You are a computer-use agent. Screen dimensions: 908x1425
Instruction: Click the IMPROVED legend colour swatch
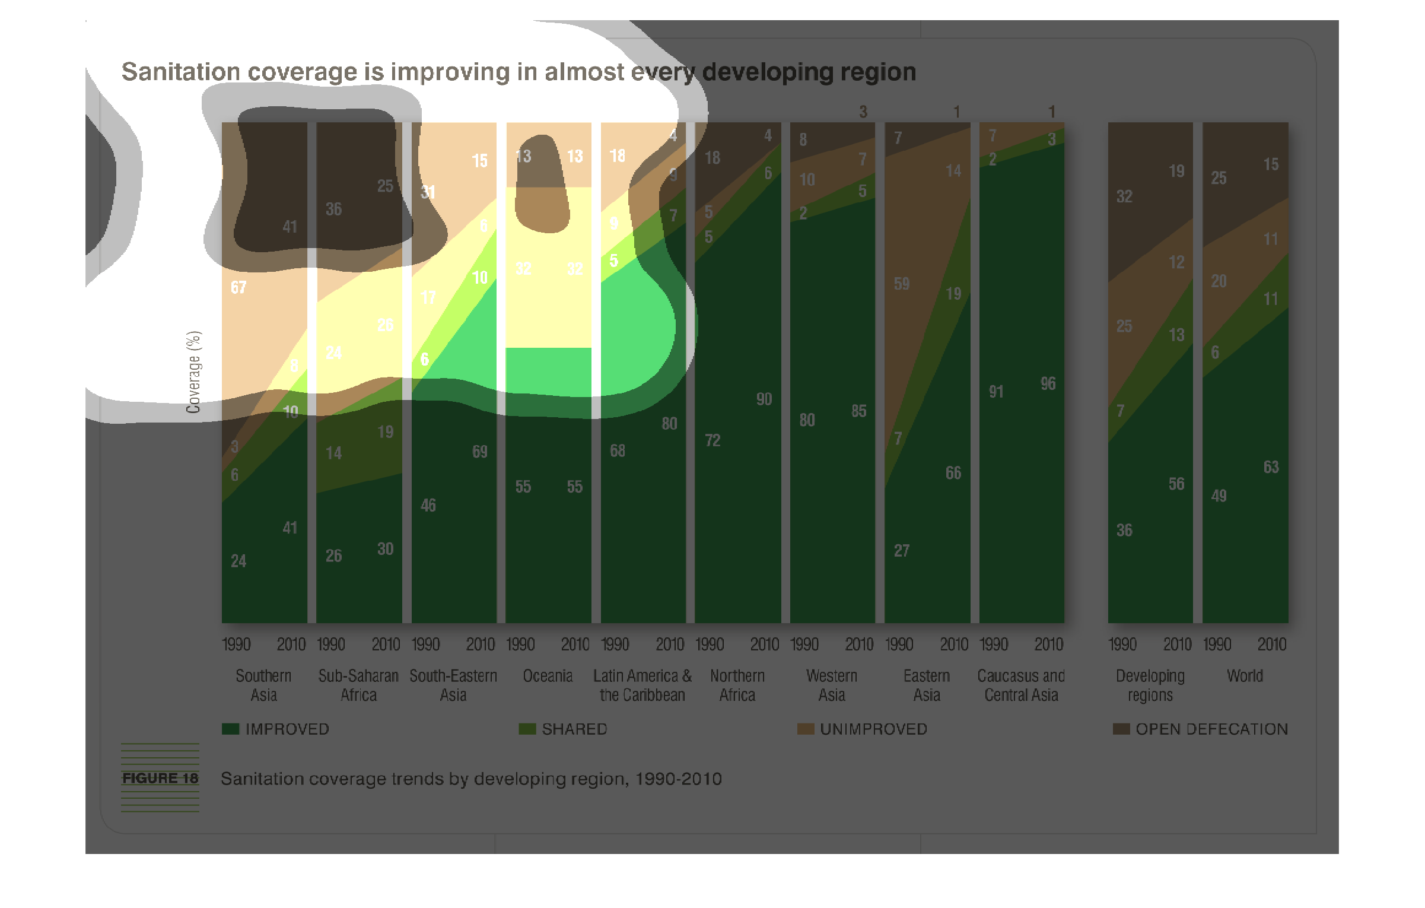pyautogui.click(x=230, y=729)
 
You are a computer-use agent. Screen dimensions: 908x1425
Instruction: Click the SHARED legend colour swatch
pyautogui.click(x=527, y=729)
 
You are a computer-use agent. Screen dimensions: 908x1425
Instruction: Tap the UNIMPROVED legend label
pyautogui.click(x=873, y=729)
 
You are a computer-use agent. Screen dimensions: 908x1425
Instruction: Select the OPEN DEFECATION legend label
pyautogui.click(x=1211, y=729)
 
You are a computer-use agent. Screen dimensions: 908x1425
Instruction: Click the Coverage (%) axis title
pyautogui.click(x=194, y=372)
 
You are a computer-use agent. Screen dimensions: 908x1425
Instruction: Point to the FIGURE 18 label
pyautogui.click(x=160, y=778)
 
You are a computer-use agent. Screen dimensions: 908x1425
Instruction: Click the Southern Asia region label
pyautogui.click(x=263, y=685)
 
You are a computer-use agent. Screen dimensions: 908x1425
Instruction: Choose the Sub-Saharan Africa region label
pyautogui.click(x=358, y=685)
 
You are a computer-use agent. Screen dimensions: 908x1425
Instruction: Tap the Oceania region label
pyautogui.click(x=548, y=676)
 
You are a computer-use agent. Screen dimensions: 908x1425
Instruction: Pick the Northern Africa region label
pyautogui.click(x=737, y=685)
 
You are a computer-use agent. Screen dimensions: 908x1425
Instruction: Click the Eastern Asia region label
pyautogui.click(x=927, y=685)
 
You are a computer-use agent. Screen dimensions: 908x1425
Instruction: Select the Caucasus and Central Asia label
pyautogui.click(x=1021, y=685)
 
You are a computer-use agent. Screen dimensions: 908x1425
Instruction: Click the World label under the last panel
pyautogui.click(x=1245, y=676)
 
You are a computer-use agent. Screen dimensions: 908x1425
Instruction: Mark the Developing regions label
pyautogui.click(x=1150, y=685)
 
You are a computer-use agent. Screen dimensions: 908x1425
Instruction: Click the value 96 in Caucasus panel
pyautogui.click(x=1048, y=384)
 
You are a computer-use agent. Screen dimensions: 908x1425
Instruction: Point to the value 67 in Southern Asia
pyautogui.click(x=238, y=288)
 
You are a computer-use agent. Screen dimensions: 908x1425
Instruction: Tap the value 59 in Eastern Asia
pyautogui.click(x=901, y=284)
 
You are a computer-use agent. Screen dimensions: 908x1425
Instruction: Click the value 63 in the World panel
pyautogui.click(x=1271, y=467)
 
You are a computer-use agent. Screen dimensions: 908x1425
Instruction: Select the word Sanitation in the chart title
pyautogui.click(x=180, y=72)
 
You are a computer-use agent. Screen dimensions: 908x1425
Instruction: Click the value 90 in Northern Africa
pyautogui.click(x=764, y=399)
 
